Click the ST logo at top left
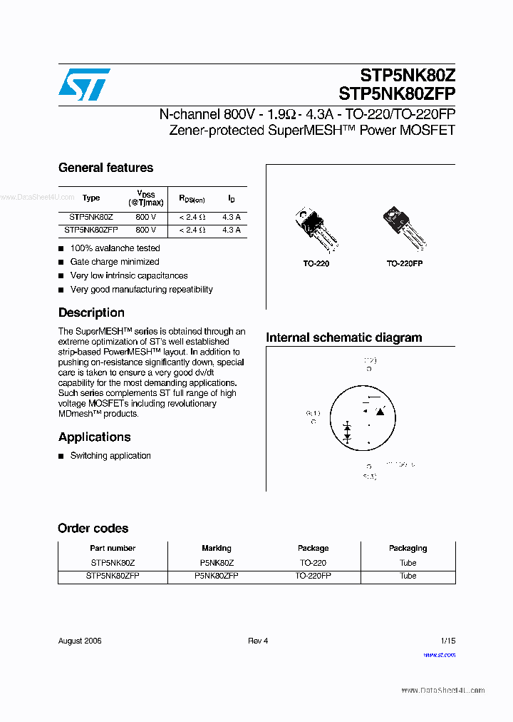(x=84, y=85)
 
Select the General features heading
(x=105, y=168)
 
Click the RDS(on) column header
(x=192, y=199)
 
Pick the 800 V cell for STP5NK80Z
(x=145, y=216)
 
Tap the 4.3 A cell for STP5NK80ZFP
(x=231, y=230)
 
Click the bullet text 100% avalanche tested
(x=115, y=248)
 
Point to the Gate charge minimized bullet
(x=114, y=262)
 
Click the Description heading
(x=91, y=312)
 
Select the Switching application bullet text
(x=110, y=456)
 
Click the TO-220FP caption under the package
(x=404, y=263)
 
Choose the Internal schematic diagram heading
(x=343, y=337)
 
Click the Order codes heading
(x=93, y=529)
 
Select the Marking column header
(x=216, y=549)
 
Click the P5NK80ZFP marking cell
(x=216, y=576)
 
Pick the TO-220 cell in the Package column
(x=313, y=563)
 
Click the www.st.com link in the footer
(x=439, y=655)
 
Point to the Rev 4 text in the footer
(x=258, y=641)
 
